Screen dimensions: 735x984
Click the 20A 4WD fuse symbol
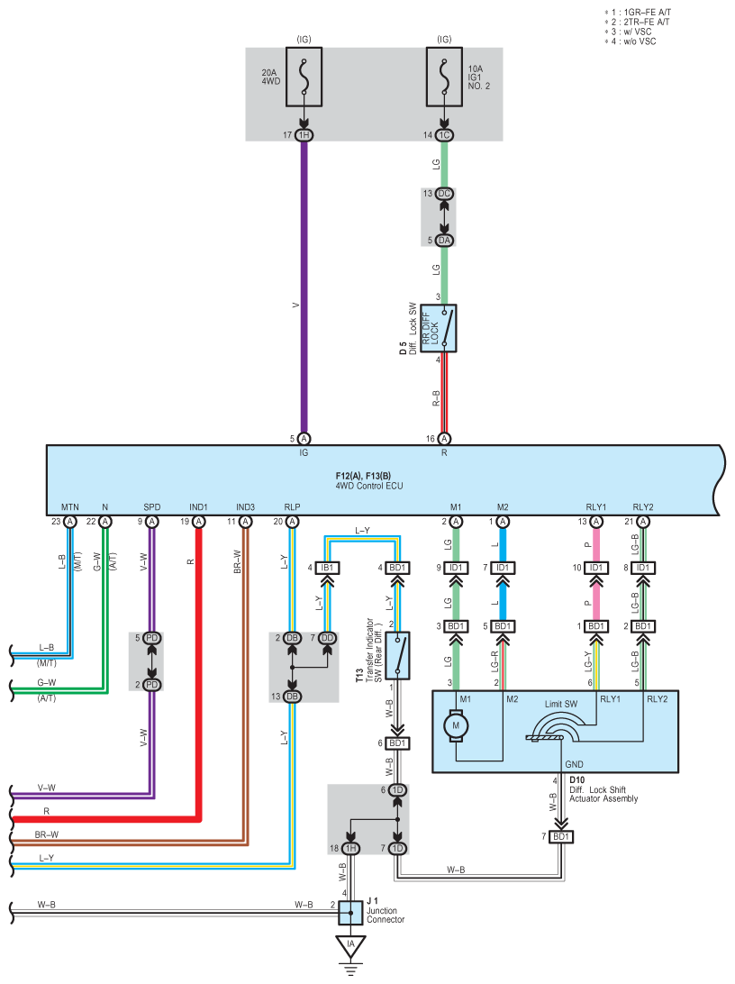pyautogui.click(x=304, y=77)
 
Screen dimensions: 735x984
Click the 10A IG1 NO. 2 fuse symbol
pyautogui.click(x=445, y=77)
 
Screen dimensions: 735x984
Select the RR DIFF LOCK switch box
pyautogui.click(x=439, y=328)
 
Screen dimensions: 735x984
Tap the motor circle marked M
pyautogui.click(x=456, y=725)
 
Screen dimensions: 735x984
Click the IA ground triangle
pyautogui.click(x=350, y=945)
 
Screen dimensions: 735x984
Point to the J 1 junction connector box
pyautogui.click(x=350, y=913)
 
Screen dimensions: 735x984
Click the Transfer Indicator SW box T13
pyautogui.click(x=397, y=655)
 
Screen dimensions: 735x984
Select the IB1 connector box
pyautogui.click(x=327, y=568)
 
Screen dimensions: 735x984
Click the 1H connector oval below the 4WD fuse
pyautogui.click(x=304, y=135)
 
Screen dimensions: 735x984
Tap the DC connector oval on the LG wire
pyautogui.click(x=445, y=193)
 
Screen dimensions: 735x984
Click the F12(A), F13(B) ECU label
pyautogui.click(x=363, y=476)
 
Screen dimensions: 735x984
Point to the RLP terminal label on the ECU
pyautogui.click(x=292, y=507)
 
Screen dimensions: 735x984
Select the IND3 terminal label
pyautogui.click(x=245, y=507)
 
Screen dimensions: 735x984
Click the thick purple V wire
pyautogui.click(x=304, y=287)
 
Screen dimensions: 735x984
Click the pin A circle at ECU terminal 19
pyautogui.click(x=199, y=522)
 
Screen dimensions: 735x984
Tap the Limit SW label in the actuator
pyautogui.click(x=561, y=704)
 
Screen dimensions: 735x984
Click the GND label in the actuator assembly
pyautogui.click(x=574, y=764)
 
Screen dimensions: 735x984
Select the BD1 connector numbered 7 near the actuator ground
pyautogui.click(x=561, y=836)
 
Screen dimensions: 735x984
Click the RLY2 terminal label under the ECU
pyautogui.click(x=643, y=507)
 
